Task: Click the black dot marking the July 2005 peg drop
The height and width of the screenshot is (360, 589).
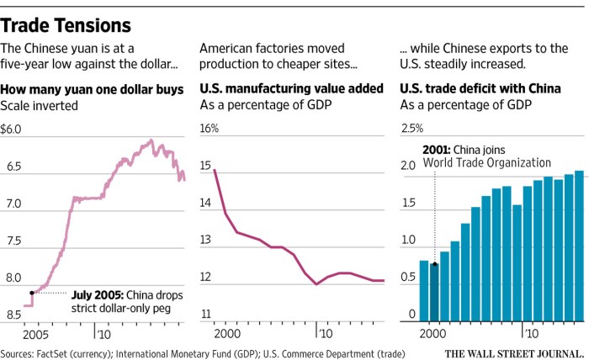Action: click(32, 293)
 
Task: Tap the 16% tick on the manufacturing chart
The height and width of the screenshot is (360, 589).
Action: click(209, 130)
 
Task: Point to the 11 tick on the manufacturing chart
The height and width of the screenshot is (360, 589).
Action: click(205, 315)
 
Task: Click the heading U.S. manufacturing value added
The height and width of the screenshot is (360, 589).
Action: click(291, 88)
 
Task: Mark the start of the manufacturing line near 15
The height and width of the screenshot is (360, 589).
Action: click(215, 171)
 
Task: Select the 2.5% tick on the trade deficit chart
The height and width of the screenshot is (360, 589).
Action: click(412, 130)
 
